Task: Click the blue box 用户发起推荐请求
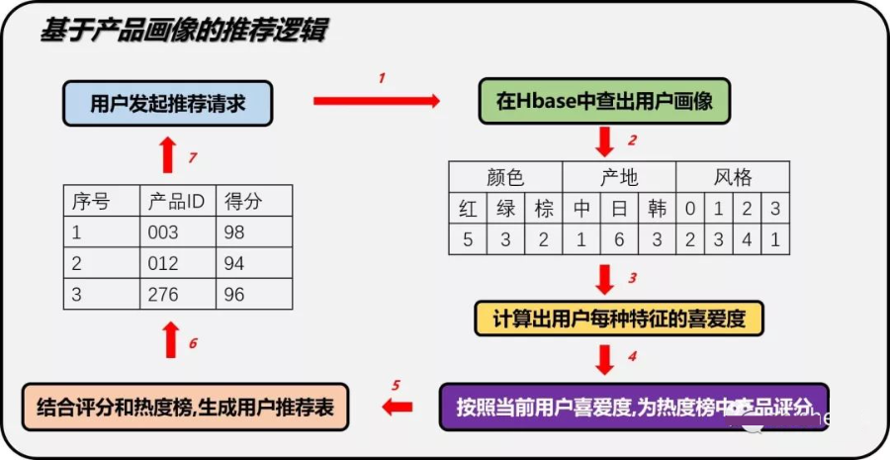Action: click(167, 102)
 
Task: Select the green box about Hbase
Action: click(605, 102)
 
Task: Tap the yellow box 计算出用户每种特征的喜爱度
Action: click(605, 320)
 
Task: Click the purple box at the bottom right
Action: click(633, 407)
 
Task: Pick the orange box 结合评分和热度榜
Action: click(186, 407)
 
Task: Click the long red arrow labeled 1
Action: click(376, 99)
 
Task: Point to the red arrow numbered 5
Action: click(398, 407)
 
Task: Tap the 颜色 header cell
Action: click(505, 178)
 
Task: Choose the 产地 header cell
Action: click(619, 178)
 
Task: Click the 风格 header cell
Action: click(733, 178)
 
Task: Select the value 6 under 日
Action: click(619, 238)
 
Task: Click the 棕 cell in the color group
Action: click(544, 209)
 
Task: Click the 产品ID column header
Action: click(175, 202)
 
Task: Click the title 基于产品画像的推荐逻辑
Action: click(184, 32)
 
